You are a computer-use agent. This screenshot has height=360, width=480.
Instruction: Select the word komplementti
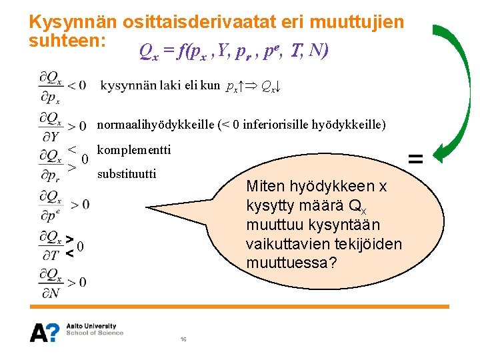coord(134,150)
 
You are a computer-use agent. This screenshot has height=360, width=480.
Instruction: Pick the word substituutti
coord(127,175)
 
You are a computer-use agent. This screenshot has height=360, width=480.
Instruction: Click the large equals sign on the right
coord(415,158)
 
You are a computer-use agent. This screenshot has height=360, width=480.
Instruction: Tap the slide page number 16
coord(183,339)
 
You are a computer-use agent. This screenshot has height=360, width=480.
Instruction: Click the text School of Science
coord(94,333)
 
